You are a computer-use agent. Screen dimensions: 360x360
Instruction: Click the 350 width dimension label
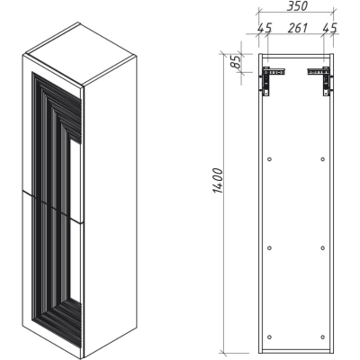click(297, 6)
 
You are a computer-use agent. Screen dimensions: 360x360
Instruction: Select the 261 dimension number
click(298, 28)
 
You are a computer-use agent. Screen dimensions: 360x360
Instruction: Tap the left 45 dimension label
click(265, 28)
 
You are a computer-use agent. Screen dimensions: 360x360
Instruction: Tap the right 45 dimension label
click(330, 28)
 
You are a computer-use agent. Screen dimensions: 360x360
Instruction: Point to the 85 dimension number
click(237, 62)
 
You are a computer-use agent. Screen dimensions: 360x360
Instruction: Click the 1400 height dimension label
click(219, 181)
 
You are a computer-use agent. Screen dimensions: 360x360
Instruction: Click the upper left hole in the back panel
click(269, 159)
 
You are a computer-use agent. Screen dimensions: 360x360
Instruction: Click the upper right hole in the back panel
click(323, 159)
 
